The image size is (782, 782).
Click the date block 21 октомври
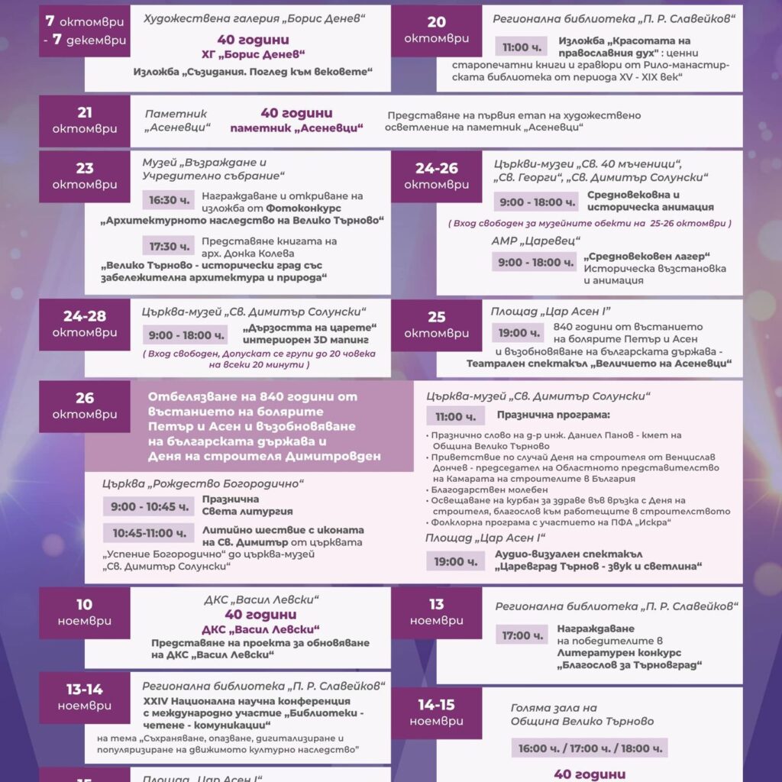pyautogui.click(x=85, y=121)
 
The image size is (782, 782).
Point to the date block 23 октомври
pyautogui.click(x=85, y=176)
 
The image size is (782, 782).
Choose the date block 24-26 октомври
pyautogui.click(x=437, y=176)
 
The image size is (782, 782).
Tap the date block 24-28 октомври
pyautogui.click(x=85, y=324)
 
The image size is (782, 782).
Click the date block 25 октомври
pyautogui.click(x=437, y=324)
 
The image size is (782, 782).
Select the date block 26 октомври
pyautogui.click(x=85, y=406)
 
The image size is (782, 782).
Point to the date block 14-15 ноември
pyautogui.click(x=437, y=712)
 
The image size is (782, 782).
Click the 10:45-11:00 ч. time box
pyautogui.click(x=149, y=533)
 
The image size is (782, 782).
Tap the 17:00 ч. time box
pyautogui.click(x=522, y=635)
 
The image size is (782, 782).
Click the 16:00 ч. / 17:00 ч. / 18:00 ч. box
pyautogui.click(x=589, y=748)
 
